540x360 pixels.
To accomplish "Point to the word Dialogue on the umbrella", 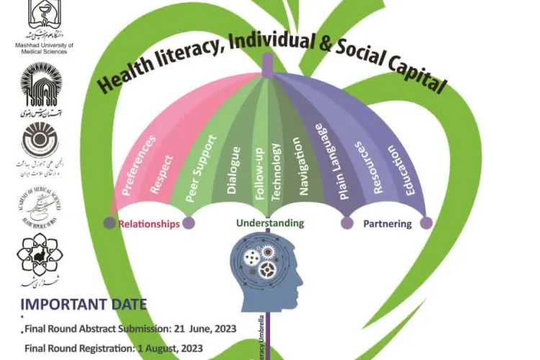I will click(x=233, y=171).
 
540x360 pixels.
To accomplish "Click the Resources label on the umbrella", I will click(x=366, y=170).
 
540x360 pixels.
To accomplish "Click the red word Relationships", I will click(x=149, y=225).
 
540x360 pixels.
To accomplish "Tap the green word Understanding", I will click(x=270, y=223).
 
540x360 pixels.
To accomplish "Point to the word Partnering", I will click(x=387, y=224).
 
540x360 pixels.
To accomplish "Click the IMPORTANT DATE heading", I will click(x=84, y=304).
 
